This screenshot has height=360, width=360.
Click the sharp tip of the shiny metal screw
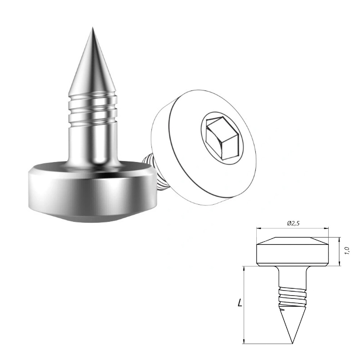(x=93, y=28)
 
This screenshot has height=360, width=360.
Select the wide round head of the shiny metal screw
(x=90, y=190)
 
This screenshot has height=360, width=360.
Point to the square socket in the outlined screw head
(x=221, y=138)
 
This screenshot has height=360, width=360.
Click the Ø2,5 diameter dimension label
(x=293, y=224)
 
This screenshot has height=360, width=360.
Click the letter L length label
(x=240, y=303)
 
